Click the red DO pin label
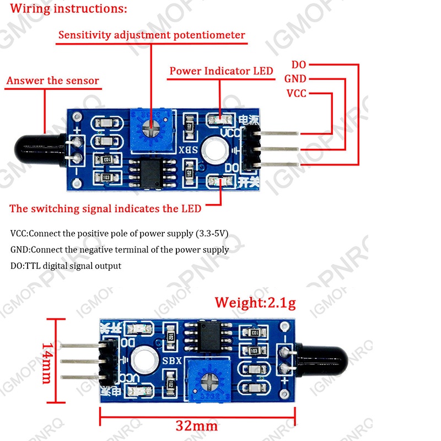click(298, 64)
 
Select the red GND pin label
click(295, 79)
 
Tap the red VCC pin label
click(296, 93)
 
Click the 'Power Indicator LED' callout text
click(221, 71)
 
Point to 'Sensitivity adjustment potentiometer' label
click(152, 35)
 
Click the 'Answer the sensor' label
click(53, 80)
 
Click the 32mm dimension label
click(197, 426)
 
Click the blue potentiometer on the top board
click(149, 126)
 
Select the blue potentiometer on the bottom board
click(210, 379)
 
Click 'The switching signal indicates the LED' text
click(106, 208)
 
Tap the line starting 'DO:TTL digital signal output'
click(66, 265)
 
